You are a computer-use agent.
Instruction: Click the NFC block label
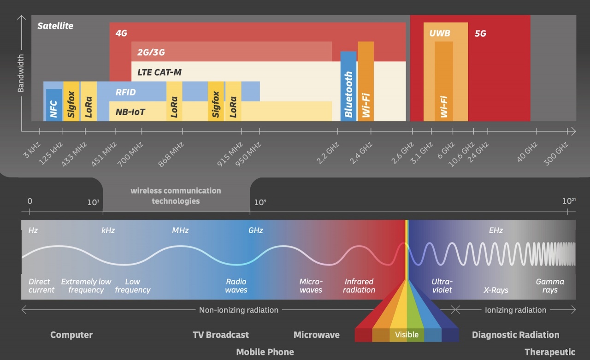[x=53, y=109]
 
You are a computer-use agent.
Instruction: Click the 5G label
[x=480, y=33]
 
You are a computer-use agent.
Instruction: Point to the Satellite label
[x=55, y=26]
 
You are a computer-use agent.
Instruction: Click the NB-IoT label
[x=131, y=112]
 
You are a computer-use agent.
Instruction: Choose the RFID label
[x=126, y=92]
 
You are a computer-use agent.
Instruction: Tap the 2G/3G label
[x=151, y=52]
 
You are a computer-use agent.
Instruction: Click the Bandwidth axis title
[x=21, y=73]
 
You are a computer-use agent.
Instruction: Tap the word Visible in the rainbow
[x=407, y=335]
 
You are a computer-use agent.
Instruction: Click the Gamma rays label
[x=550, y=286]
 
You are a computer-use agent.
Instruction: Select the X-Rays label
[x=496, y=290]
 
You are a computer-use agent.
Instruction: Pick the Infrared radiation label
[x=360, y=286]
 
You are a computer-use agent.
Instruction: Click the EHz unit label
[x=496, y=230]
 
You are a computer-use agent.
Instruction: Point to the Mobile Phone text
[x=265, y=352]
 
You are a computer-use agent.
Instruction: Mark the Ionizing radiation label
[x=515, y=310]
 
